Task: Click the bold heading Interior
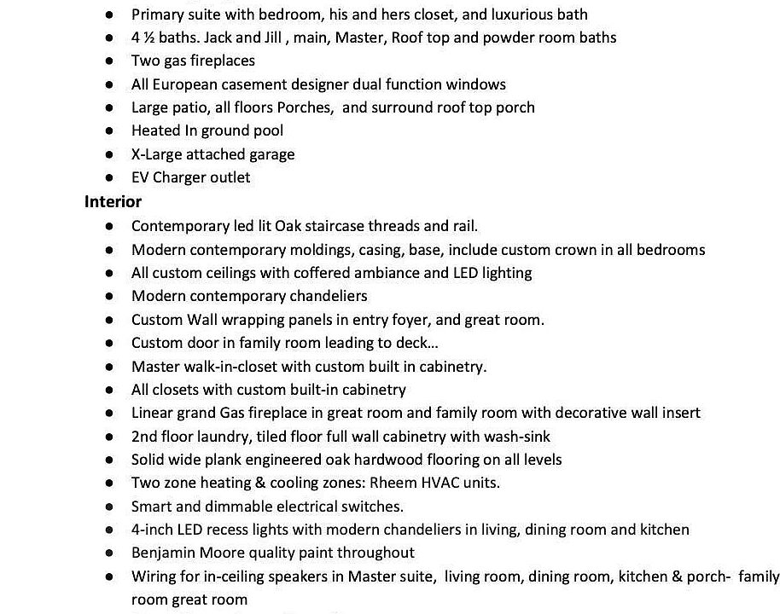click(113, 202)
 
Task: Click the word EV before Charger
click(140, 177)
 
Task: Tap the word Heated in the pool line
click(155, 130)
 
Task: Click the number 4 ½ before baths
click(142, 38)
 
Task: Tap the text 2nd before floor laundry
click(145, 436)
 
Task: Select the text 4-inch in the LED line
click(152, 530)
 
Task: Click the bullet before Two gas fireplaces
click(109, 61)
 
